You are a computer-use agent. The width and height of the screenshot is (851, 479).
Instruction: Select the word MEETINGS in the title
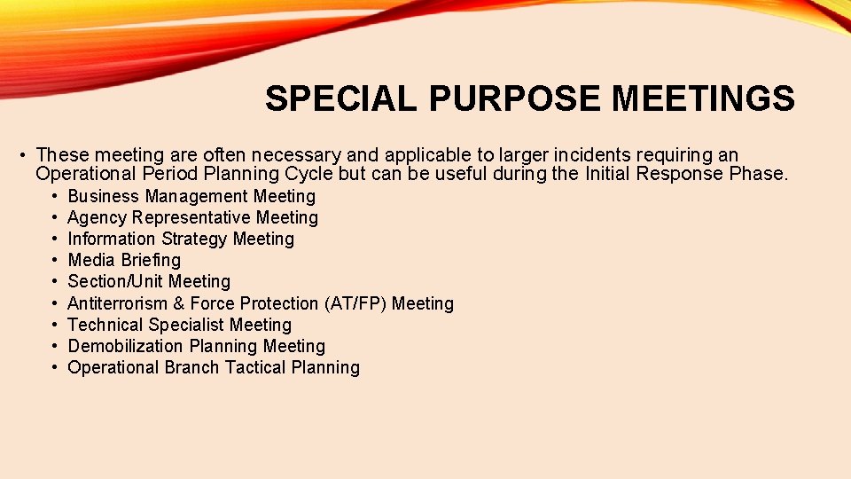pyautogui.click(x=703, y=98)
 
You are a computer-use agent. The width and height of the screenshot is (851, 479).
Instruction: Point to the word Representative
pyautogui.click(x=194, y=217)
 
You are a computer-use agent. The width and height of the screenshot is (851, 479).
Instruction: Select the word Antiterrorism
pyautogui.click(x=118, y=303)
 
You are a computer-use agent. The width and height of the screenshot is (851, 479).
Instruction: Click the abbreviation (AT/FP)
pyautogui.click(x=355, y=303)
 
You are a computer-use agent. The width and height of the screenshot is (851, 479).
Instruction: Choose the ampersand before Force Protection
pyautogui.click(x=179, y=303)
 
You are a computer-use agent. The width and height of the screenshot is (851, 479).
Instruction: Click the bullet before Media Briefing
pyautogui.click(x=55, y=260)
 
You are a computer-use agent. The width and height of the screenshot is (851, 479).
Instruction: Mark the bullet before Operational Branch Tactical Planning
pyautogui.click(x=55, y=367)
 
